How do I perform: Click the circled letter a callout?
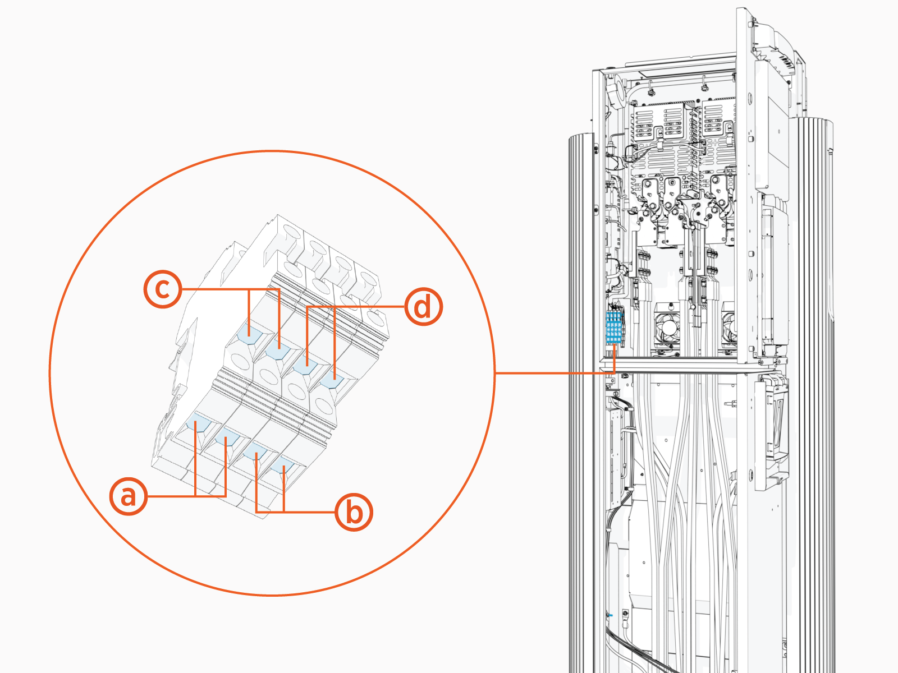click(129, 496)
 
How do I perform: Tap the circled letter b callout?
click(354, 512)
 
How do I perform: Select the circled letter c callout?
click(163, 289)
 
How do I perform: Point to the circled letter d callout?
click(424, 307)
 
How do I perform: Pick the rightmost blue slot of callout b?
click(283, 467)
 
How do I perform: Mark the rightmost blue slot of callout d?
click(333, 381)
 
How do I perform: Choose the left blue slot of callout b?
click(256, 452)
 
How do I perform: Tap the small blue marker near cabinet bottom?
click(610, 615)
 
